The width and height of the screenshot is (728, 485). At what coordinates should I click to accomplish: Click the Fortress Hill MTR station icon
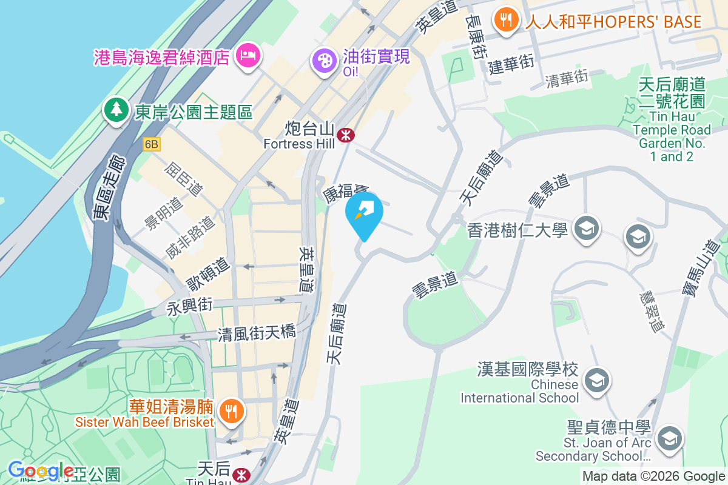(346, 135)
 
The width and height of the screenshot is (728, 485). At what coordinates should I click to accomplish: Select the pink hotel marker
(248, 56)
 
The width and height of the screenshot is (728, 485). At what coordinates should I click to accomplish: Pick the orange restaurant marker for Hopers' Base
(505, 20)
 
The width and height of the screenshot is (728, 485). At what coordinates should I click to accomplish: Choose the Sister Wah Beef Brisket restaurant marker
(231, 412)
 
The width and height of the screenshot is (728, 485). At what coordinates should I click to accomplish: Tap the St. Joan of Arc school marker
(670, 438)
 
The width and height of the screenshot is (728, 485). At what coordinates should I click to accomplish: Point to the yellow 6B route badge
(152, 144)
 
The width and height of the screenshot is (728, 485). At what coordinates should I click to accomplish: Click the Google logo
(41, 470)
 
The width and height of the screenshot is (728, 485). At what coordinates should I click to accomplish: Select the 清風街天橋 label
(257, 332)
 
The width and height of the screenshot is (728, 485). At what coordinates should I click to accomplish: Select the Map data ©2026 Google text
(653, 477)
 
